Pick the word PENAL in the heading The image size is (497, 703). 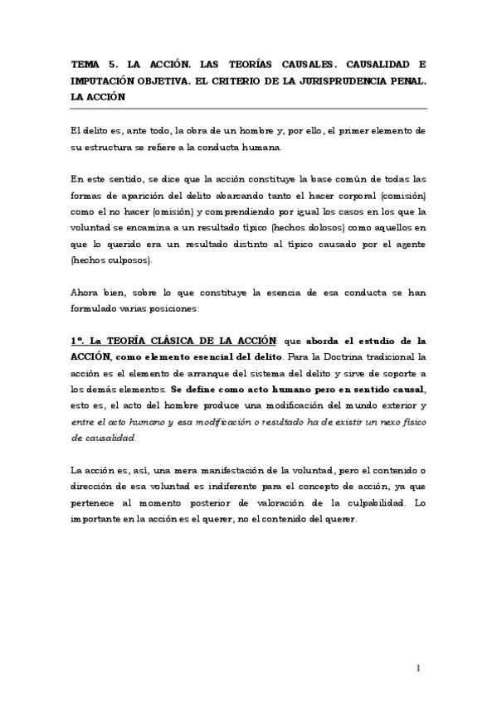[x=406, y=80]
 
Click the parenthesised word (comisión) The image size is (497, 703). [x=399, y=196]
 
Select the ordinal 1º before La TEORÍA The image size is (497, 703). [x=77, y=340]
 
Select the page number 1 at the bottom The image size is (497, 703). [x=420, y=667]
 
